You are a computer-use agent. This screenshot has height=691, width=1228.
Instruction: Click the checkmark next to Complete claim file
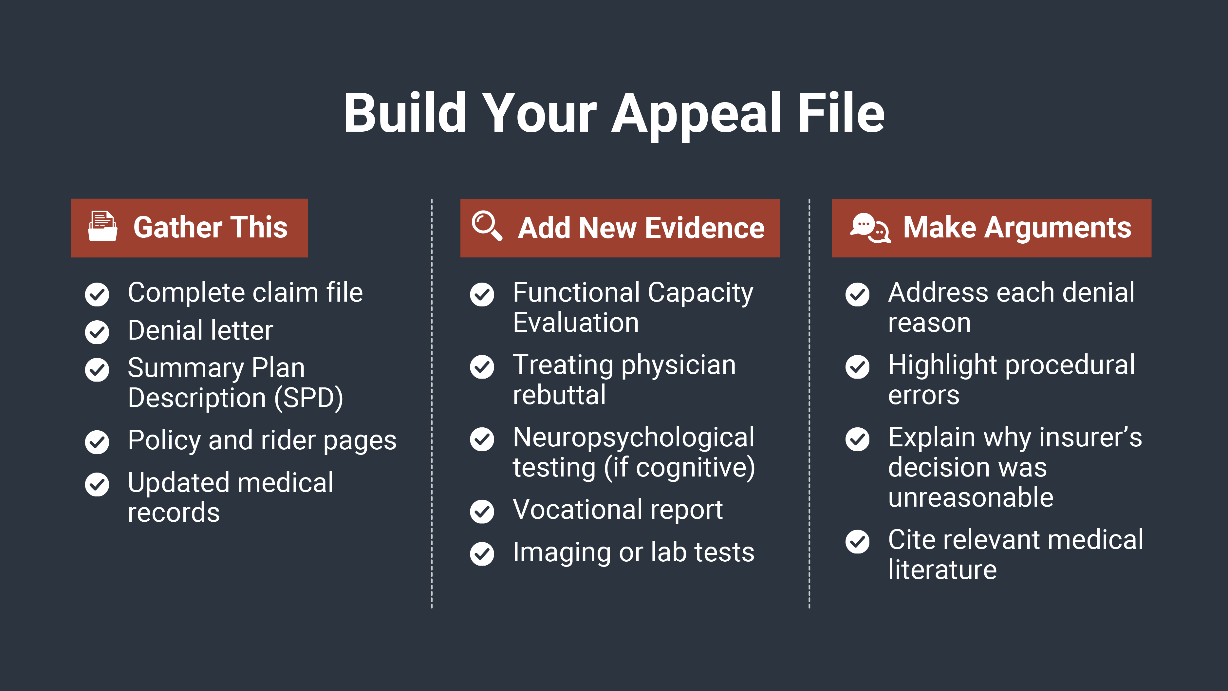pyautogui.click(x=97, y=294)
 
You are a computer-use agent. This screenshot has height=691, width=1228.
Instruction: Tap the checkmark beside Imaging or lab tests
pyautogui.click(x=482, y=554)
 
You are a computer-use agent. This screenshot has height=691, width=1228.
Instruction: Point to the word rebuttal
pyautogui.click(x=559, y=395)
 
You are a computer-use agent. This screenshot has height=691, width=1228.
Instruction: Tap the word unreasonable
pyautogui.click(x=971, y=498)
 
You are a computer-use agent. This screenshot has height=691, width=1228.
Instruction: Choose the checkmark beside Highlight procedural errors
pyautogui.click(x=857, y=367)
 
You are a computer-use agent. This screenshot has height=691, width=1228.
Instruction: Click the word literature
pyautogui.click(x=942, y=570)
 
